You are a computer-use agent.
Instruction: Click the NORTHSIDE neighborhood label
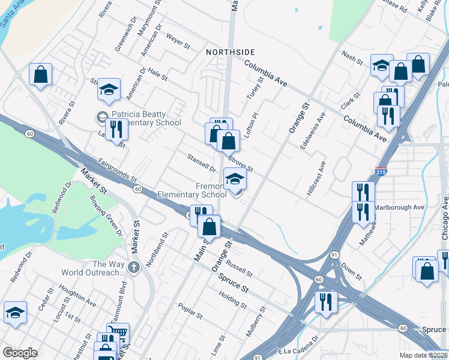[x=231, y=52]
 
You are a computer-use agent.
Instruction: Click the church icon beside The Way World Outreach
[x=134, y=266]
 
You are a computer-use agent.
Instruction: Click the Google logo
[x=20, y=353]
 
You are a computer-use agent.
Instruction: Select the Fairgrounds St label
[x=118, y=175]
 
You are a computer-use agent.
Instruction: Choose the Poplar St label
[x=191, y=312]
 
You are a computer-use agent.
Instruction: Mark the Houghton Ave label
[x=79, y=294]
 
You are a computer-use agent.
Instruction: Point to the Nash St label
[x=352, y=58]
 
